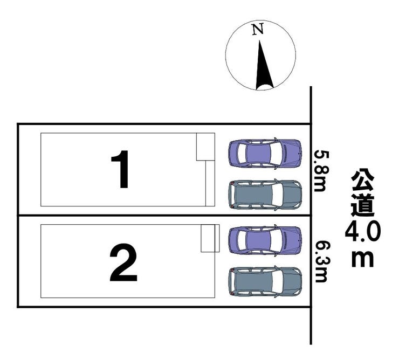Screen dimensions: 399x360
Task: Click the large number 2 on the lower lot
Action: pyautogui.click(x=123, y=262)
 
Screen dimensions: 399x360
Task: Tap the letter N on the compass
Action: pyautogui.click(x=258, y=29)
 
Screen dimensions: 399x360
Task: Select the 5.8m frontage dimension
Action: pyautogui.click(x=320, y=171)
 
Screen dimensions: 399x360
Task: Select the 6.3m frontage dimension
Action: pyautogui.click(x=321, y=262)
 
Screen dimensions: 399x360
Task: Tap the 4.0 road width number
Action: pyautogui.click(x=363, y=232)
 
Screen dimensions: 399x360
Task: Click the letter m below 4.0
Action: pyautogui.click(x=363, y=259)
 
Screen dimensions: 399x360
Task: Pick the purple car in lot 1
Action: pyautogui.click(x=265, y=153)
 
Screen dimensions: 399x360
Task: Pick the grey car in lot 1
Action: pyautogui.click(x=265, y=195)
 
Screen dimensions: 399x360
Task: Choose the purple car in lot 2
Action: pyautogui.click(x=265, y=240)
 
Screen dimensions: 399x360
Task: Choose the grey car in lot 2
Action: pyautogui.click(x=265, y=282)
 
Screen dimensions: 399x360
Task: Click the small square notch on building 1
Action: pyautogui.click(x=205, y=147)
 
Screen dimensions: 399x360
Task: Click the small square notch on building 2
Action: pyautogui.click(x=210, y=238)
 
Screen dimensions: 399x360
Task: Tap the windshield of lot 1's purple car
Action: pyautogui.click(x=276, y=153)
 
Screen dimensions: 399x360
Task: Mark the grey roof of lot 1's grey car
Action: pyautogui.click(x=253, y=195)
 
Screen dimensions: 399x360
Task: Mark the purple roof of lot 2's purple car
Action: pyautogui.click(x=258, y=240)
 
